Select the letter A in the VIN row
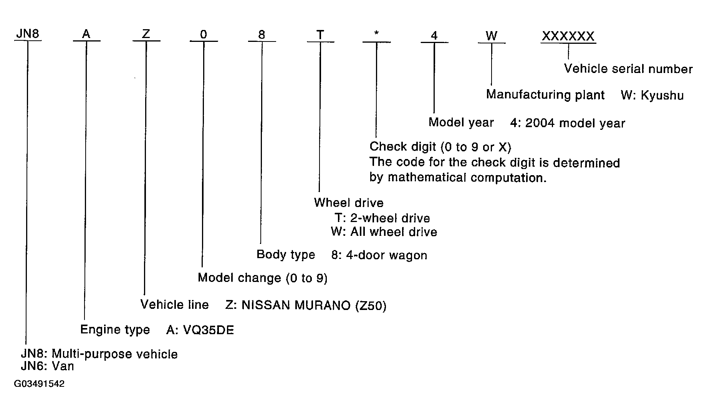tap(86, 34)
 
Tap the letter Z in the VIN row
tap(146, 34)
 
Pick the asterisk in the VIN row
tap(377, 33)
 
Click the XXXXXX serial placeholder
tap(568, 36)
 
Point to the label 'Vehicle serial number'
tap(628, 69)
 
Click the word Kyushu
tap(662, 95)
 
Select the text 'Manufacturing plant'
tap(545, 95)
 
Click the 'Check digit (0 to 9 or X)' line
tap(440, 147)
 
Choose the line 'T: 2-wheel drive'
tap(382, 218)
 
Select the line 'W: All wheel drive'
tap(384, 232)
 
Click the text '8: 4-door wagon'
tap(379, 255)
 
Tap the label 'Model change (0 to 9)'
tap(262, 278)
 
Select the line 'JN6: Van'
tap(47, 366)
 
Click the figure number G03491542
tap(39, 384)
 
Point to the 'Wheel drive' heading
tap(349, 203)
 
